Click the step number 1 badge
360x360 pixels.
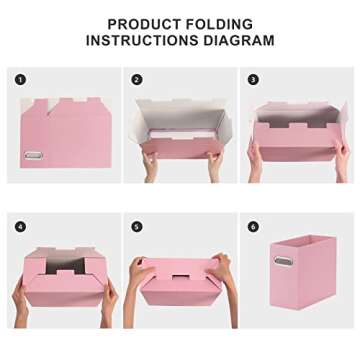(x=21, y=79)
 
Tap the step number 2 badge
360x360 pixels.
(x=137, y=79)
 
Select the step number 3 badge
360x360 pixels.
(x=253, y=79)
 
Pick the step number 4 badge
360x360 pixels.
(x=21, y=226)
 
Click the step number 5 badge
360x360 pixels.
(x=137, y=226)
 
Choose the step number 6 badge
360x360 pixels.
(x=253, y=226)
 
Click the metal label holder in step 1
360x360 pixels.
(x=33, y=156)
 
